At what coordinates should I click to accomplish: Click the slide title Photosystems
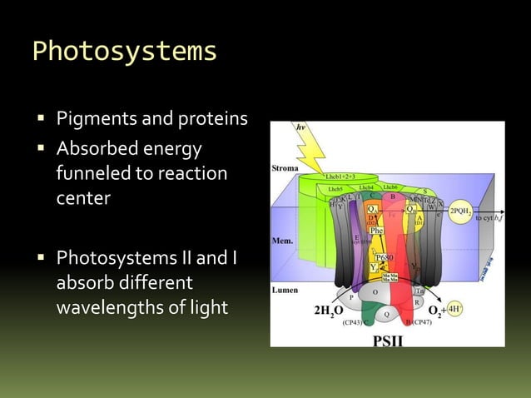coord(124,52)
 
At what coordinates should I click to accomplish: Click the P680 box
coord(385,258)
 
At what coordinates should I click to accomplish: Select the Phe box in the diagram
coord(376,229)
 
